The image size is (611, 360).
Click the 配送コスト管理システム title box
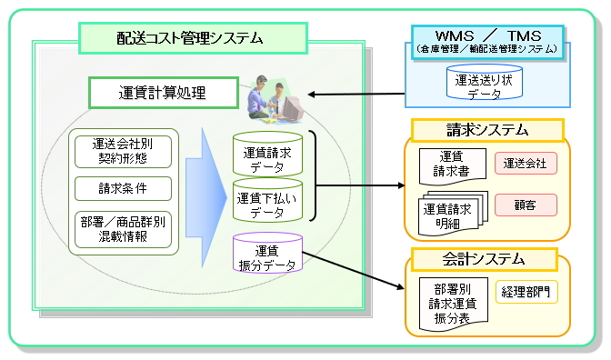pyautogui.click(x=194, y=38)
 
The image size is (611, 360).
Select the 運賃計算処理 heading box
pyautogui.click(x=164, y=93)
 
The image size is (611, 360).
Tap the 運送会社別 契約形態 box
pyautogui.click(x=123, y=152)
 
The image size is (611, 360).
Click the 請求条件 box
pyautogui.click(x=123, y=188)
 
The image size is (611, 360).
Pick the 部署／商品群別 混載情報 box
pyautogui.click(x=123, y=229)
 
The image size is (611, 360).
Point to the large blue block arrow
pyautogui.click(x=206, y=197)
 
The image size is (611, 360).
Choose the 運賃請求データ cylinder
pyautogui.click(x=267, y=155)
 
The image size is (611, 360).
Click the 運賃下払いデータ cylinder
pyautogui.click(x=267, y=200)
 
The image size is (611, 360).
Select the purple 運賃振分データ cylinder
pyautogui.click(x=267, y=253)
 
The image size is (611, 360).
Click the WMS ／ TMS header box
pyautogui.click(x=487, y=43)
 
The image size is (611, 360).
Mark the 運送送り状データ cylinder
pyautogui.click(x=484, y=83)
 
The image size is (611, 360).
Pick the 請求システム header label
pyautogui.click(x=487, y=130)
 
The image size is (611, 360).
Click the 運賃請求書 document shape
pyautogui.click(x=453, y=166)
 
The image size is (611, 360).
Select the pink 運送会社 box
pyautogui.click(x=526, y=164)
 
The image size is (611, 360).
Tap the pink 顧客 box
pyautogui.click(x=526, y=205)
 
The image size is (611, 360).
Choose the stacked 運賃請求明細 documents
pyautogui.click(x=453, y=214)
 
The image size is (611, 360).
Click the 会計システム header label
pyautogui.click(x=485, y=259)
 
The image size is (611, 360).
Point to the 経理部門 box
pyautogui.click(x=526, y=292)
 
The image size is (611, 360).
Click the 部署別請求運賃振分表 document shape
pyautogui.click(x=454, y=304)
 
